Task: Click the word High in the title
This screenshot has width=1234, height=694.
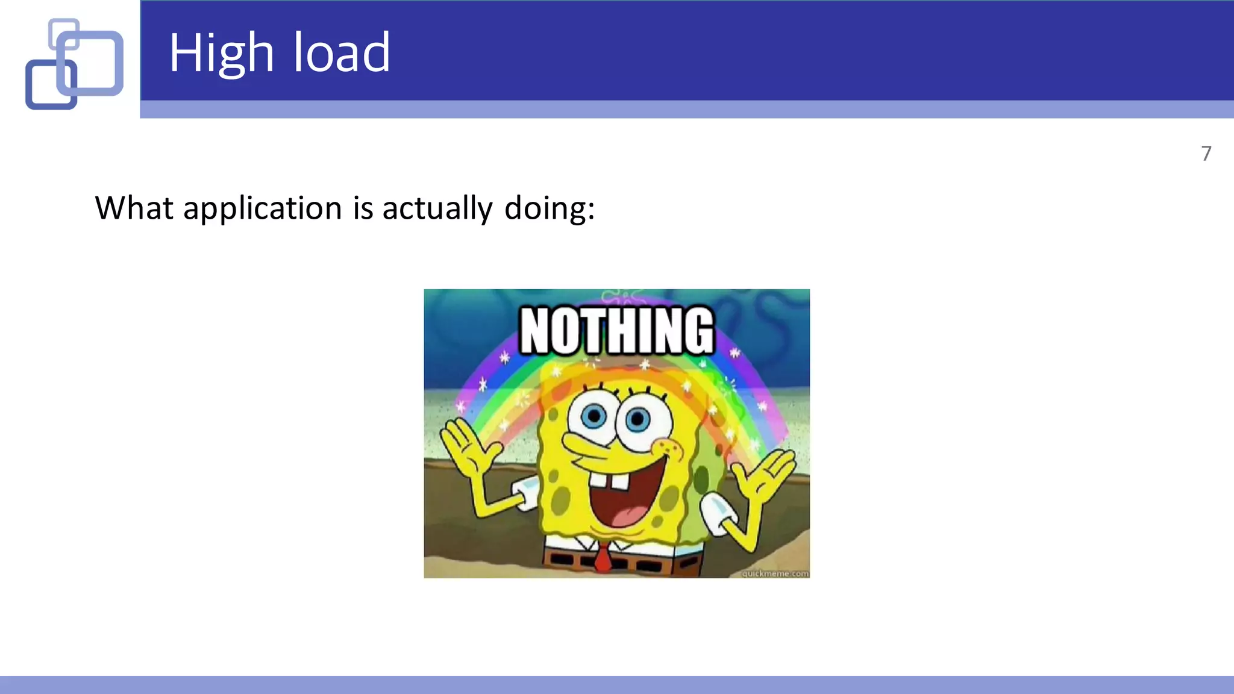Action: (221, 53)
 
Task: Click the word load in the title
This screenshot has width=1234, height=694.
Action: (342, 53)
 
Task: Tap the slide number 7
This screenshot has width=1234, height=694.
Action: (1206, 154)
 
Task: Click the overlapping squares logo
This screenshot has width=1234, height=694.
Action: (74, 64)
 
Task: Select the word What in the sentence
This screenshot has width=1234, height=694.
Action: (134, 208)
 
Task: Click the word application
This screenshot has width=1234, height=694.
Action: (263, 208)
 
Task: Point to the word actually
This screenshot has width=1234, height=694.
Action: (437, 208)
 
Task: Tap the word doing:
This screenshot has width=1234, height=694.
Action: (549, 208)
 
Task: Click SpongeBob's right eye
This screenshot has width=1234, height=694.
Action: (637, 419)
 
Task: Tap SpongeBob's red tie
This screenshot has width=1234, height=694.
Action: (602, 558)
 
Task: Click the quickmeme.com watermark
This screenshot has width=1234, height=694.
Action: (775, 573)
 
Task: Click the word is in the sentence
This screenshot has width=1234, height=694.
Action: (363, 208)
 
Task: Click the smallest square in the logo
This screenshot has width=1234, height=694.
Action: (64, 33)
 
